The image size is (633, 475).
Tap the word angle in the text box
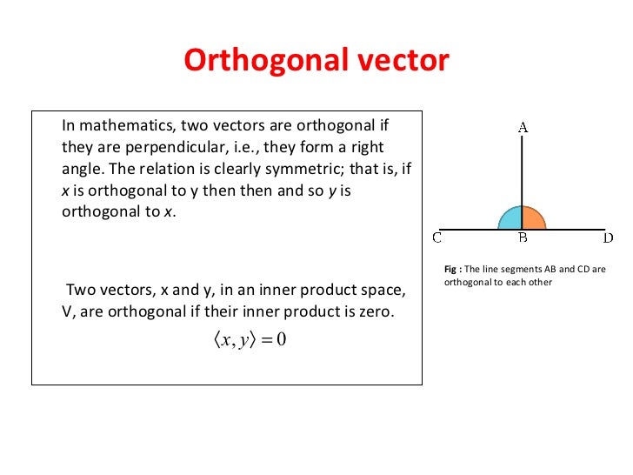click(80, 169)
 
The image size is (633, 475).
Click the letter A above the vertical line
click(523, 127)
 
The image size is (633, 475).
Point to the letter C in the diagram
click(437, 237)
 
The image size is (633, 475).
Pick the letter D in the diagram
click(608, 237)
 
